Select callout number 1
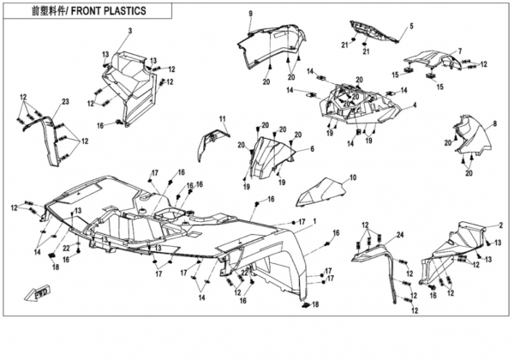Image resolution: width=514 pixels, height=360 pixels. click(x=314, y=220)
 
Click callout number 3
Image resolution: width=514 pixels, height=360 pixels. click(x=130, y=32)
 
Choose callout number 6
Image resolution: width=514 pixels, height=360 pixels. click(x=312, y=148)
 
